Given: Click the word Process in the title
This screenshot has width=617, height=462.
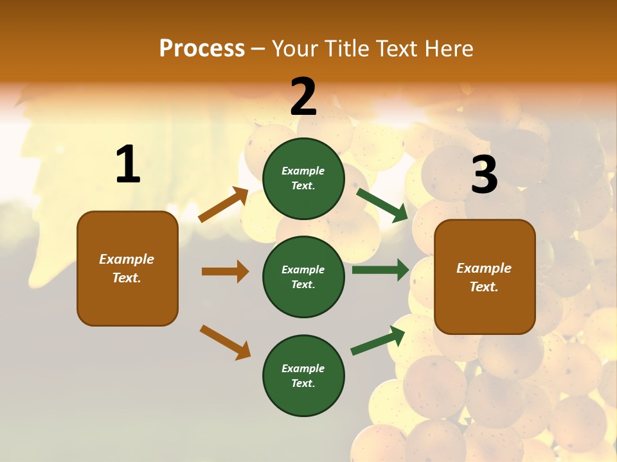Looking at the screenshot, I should tap(202, 49).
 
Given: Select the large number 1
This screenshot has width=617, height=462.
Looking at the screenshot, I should tap(128, 165).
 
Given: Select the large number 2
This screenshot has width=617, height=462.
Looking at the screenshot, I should tap(303, 97).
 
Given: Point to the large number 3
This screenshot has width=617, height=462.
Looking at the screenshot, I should tap(484, 175).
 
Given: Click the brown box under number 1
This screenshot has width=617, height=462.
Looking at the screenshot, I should tap(127, 268).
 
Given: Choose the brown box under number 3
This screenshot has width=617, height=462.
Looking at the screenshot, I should tap(485, 277).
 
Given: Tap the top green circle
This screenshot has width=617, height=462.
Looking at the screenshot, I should tap(303, 178).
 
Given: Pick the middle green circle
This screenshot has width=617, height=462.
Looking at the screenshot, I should tap(303, 277).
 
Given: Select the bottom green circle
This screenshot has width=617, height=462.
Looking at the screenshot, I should tap(303, 375).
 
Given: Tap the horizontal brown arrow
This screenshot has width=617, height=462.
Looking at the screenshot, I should tap(225, 271).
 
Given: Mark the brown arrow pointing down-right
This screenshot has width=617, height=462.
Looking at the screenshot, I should tap(225, 342).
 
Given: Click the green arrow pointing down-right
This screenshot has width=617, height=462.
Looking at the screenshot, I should tap(382, 205).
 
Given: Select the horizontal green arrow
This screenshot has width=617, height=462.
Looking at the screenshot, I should tap(380, 270).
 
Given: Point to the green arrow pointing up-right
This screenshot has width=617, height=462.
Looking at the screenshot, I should tap(378, 341).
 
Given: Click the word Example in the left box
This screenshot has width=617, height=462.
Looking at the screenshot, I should tap(127, 259).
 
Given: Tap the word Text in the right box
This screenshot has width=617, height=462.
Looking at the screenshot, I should tap(483, 287).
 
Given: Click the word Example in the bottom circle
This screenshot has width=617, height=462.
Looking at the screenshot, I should tap(303, 368).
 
